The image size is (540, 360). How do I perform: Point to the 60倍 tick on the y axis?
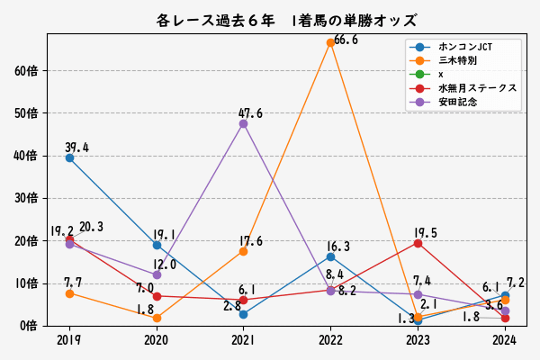27,70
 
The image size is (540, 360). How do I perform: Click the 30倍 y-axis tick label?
27,198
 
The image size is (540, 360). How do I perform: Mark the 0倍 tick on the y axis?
31,326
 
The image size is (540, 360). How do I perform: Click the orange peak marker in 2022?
330,42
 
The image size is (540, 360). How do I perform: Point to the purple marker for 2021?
244,123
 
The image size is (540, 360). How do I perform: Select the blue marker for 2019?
69,157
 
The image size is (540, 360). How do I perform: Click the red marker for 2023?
418,243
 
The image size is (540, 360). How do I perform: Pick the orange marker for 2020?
157,318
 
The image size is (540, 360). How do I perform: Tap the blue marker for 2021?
244,314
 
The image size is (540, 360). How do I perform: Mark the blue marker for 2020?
157,245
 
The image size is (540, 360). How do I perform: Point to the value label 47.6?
250,113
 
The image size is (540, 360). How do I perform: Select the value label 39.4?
76,148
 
